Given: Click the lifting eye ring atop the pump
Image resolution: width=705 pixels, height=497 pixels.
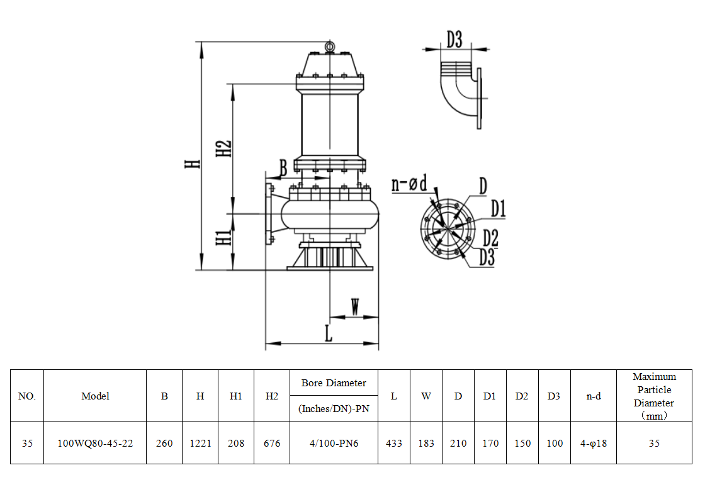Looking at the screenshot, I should tap(329, 46).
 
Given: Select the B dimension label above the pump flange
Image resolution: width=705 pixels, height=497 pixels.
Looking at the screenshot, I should tap(283, 168).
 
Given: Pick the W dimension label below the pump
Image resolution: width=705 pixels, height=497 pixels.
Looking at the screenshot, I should tap(355, 308).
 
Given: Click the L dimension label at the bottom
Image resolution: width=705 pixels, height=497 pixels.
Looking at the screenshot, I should tap(328, 333).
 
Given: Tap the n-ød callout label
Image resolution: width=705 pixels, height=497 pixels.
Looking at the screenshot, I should tap(409, 184).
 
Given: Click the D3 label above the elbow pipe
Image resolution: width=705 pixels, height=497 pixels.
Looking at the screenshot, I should tap(454, 40).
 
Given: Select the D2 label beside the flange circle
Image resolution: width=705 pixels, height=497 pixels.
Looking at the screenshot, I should tap(491, 238).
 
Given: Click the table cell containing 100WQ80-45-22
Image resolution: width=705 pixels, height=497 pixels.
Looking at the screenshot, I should tap(95, 443).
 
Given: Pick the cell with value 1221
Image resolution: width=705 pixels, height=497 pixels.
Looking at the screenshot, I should tap(200, 443).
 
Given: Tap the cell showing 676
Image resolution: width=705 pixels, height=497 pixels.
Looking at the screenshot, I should tap(272, 443).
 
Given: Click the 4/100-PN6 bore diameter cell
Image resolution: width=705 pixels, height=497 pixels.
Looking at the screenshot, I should tap(334, 443).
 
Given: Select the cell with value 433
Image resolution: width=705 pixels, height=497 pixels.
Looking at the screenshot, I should tap(394, 443).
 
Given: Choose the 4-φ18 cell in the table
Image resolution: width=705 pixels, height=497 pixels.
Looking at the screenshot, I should tap(593, 443).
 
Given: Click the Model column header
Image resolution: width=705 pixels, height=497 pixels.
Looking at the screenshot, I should tap(95, 396).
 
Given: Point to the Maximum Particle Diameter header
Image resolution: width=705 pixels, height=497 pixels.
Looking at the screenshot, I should tap(654, 396).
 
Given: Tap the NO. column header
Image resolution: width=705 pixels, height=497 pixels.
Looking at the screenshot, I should tap(27, 396).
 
